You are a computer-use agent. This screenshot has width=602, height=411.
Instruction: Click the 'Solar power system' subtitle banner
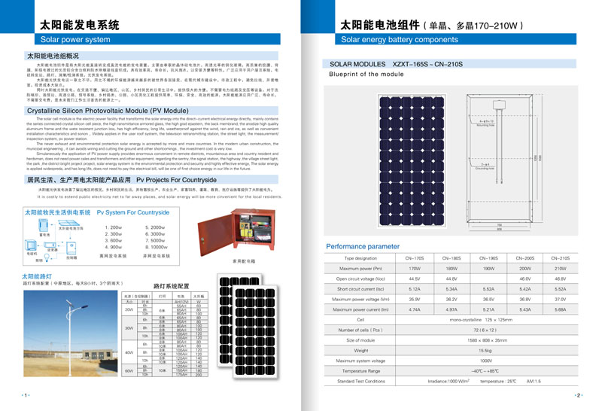tap(75, 38)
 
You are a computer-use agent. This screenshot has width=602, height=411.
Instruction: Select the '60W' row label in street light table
tap(129, 370)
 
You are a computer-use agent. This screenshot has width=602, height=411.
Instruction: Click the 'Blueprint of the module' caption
tap(366, 75)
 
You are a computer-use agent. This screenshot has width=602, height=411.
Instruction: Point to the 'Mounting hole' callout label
tap(486, 124)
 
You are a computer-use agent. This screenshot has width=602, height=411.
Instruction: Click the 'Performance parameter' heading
tap(363, 246)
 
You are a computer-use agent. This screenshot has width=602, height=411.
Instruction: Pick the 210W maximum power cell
tap(560, 268)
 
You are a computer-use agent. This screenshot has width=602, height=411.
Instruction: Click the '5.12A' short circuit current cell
tap(415, 289)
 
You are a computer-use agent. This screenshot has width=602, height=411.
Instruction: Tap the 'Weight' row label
tap(360, 351)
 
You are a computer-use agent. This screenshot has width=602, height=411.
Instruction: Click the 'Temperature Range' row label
tap(360, 371)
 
